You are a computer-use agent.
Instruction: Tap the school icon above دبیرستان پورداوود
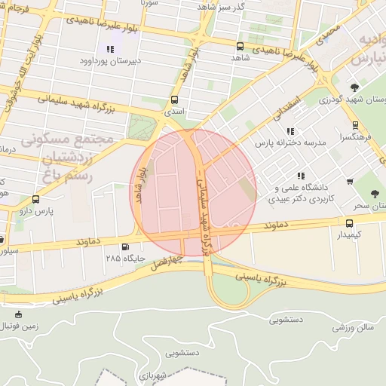coord(110,49)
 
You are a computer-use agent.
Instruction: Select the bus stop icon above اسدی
coord(175,100)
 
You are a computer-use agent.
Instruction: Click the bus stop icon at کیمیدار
coord(349,223)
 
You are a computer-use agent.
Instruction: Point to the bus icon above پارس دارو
coord(36,200)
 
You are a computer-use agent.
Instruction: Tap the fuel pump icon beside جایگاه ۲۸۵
coord(124,247)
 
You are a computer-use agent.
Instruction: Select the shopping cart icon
coord(350,182)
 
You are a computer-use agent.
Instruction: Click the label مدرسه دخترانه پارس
coord(289,142)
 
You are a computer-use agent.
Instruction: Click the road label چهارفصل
coord(167,262)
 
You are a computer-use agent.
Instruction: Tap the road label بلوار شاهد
coord(140,185)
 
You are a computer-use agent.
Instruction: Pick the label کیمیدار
coord(348,235)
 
